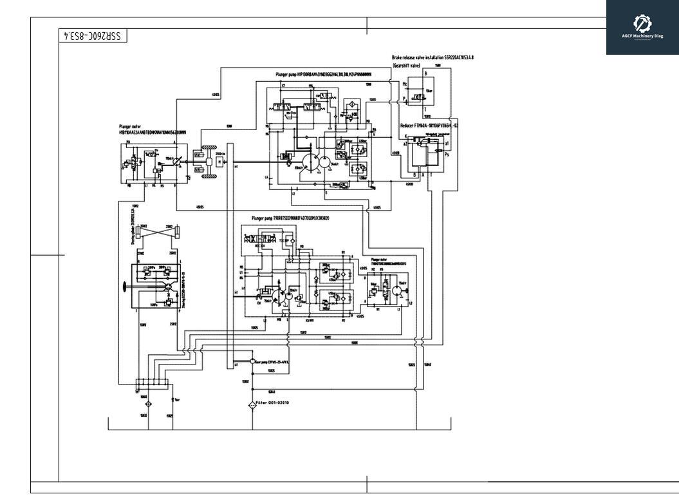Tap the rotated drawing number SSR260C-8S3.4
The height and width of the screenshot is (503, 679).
[x=93, y=36]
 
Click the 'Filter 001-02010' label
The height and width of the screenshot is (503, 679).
[x=273, y=403]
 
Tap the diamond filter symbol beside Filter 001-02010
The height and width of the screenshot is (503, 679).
[x=252, y=406]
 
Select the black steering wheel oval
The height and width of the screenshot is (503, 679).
[x=124, y=285]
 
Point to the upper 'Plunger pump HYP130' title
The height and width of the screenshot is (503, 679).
[x=322, y=75]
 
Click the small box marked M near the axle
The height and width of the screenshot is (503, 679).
[x=221, y=162]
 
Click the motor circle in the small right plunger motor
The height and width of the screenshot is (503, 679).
[x=397, y=292]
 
